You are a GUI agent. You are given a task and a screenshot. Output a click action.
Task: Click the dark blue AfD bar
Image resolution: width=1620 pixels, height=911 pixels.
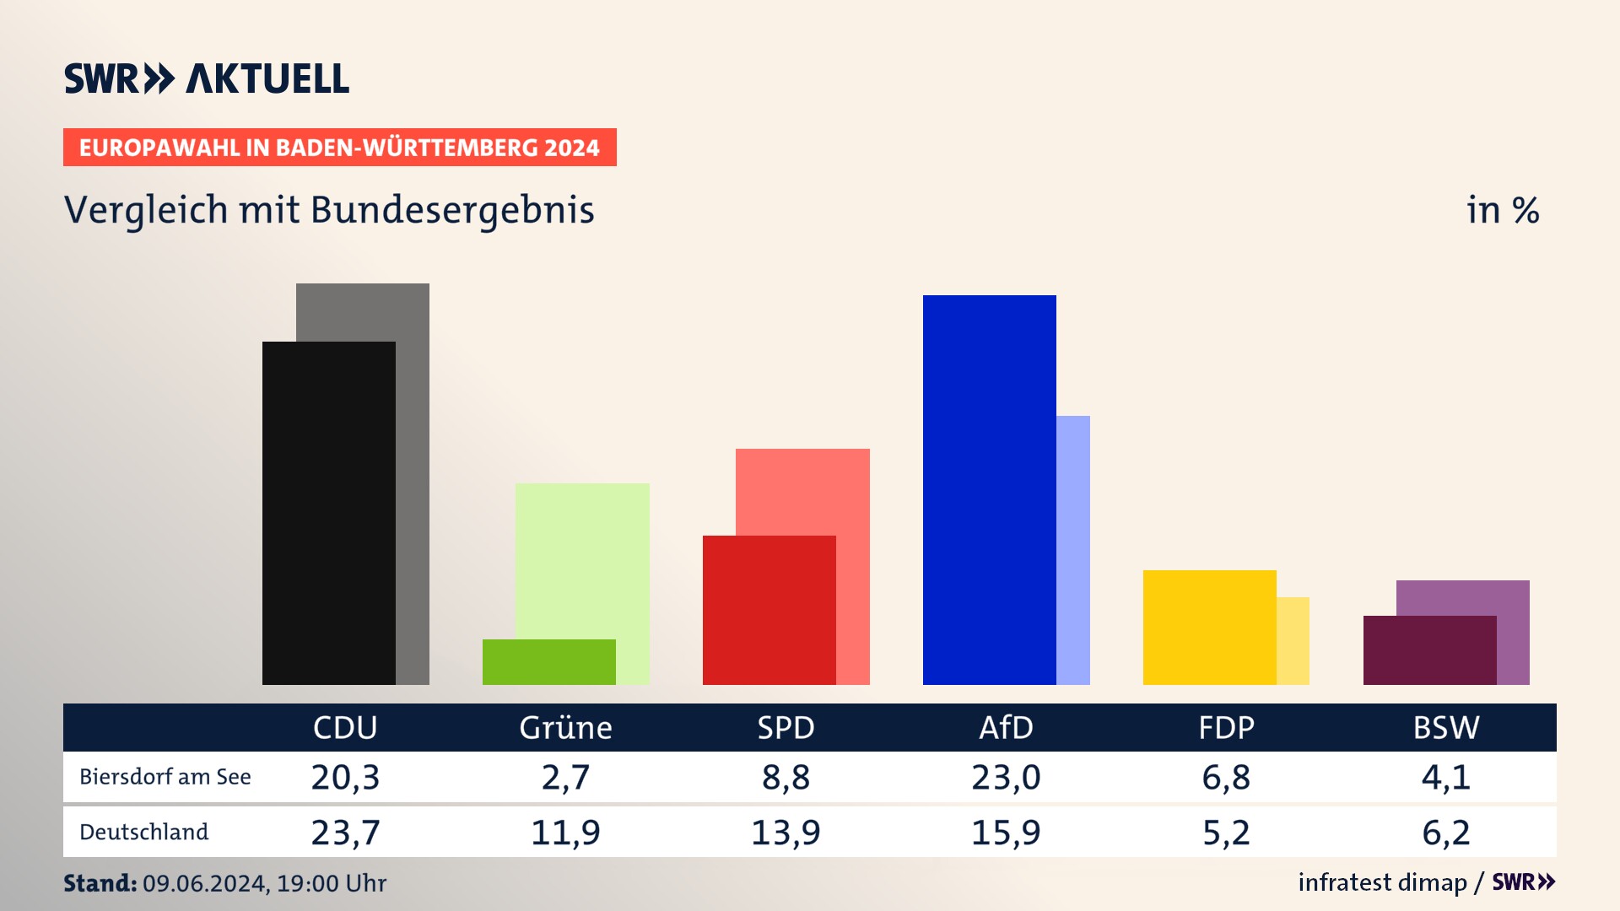[x=989, y=489]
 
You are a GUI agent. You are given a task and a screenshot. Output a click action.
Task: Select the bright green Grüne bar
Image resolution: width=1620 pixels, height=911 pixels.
[x=548, y=662]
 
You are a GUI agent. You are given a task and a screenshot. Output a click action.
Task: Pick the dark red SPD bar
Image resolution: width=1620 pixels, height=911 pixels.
[x=769, y=610]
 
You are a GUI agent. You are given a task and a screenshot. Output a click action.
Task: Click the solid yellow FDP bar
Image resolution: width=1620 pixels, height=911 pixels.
[x=1209, y=627]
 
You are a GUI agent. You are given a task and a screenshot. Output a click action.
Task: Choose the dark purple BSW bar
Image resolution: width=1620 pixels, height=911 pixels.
[x=1429, y=650]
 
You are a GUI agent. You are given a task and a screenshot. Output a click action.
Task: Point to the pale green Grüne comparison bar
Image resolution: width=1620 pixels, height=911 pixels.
[x=582, y=557]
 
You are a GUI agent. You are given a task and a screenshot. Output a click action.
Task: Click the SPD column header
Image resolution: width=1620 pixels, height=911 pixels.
[x=786, y=728]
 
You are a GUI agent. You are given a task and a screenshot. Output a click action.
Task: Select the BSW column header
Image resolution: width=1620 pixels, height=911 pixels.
[x=1446, y=728]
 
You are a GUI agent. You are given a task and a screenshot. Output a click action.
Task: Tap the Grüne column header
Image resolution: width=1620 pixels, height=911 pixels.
[x=565, y=728]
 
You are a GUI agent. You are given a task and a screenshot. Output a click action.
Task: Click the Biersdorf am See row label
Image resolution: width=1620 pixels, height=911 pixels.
[x=165, y=777]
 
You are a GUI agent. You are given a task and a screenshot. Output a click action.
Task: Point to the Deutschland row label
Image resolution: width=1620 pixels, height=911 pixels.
[x=143, y=833]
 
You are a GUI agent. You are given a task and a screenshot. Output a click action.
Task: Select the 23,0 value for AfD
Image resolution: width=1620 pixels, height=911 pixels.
[x=1006, y=777]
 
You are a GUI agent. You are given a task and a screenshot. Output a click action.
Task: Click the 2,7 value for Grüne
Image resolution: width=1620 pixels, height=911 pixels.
[x=565, y=777]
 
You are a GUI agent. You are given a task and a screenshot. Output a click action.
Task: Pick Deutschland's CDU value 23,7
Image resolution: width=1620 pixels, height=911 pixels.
[x=345, y=833]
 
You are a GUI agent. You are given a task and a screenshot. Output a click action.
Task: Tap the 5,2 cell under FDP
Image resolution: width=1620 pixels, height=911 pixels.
[x=1226, y=833]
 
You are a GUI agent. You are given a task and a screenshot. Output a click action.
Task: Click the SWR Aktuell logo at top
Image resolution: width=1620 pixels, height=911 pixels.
[x=207, y=78]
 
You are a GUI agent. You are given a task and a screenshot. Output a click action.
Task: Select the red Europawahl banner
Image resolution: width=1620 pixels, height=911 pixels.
[x=339, y=148]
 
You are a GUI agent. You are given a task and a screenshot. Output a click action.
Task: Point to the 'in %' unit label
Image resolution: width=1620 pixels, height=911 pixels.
[x=1503, y=210]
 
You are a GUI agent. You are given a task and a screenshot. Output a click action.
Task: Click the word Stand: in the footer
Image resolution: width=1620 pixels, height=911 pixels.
[x=100, y=883]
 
